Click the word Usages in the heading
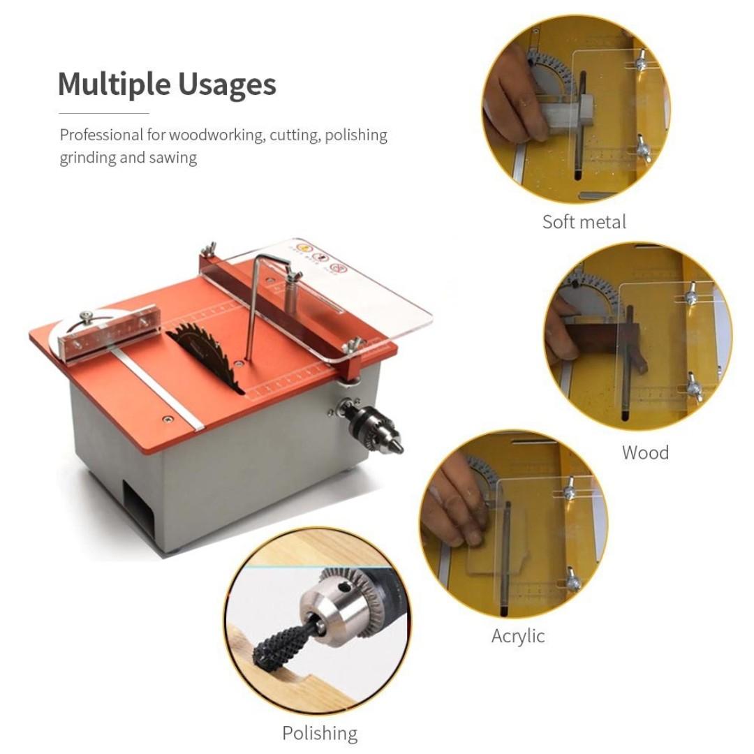[227, 84]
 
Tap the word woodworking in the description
[216, 135]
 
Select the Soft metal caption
[584, 222]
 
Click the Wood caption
[645, 452]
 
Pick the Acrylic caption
[517, 636]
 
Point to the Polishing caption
[320, 733]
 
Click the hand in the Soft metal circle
[513, 98]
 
